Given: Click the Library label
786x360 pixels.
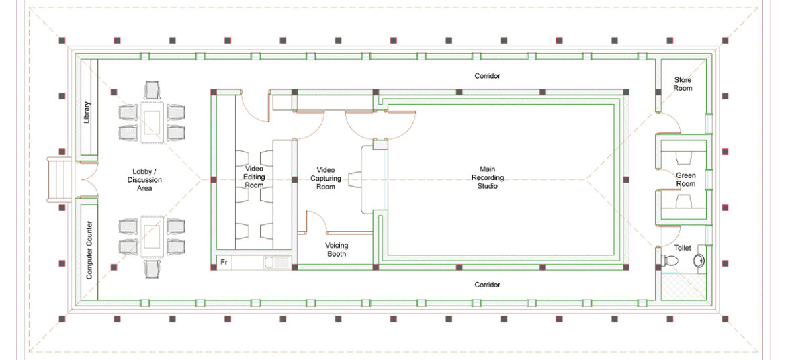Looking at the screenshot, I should point(87,112).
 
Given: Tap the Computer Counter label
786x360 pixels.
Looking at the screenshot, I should point(89,250).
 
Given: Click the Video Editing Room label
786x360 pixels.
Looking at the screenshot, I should point(255,177).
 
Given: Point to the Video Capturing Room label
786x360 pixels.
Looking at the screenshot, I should point(326,178).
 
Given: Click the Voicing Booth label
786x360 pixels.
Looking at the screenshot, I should point(337,250).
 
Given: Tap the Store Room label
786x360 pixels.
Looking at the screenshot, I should point(683,84).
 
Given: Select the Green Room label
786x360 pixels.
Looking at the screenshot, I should point(685,179).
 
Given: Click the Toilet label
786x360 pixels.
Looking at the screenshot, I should point(683,248).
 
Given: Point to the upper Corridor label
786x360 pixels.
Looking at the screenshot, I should point(487,76).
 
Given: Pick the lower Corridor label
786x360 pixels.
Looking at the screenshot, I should point(487,285).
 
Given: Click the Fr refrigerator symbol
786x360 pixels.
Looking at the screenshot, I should point(224,263).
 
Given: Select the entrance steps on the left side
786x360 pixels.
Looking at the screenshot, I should point(59,180).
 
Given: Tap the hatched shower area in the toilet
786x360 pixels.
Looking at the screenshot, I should point(683,289).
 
